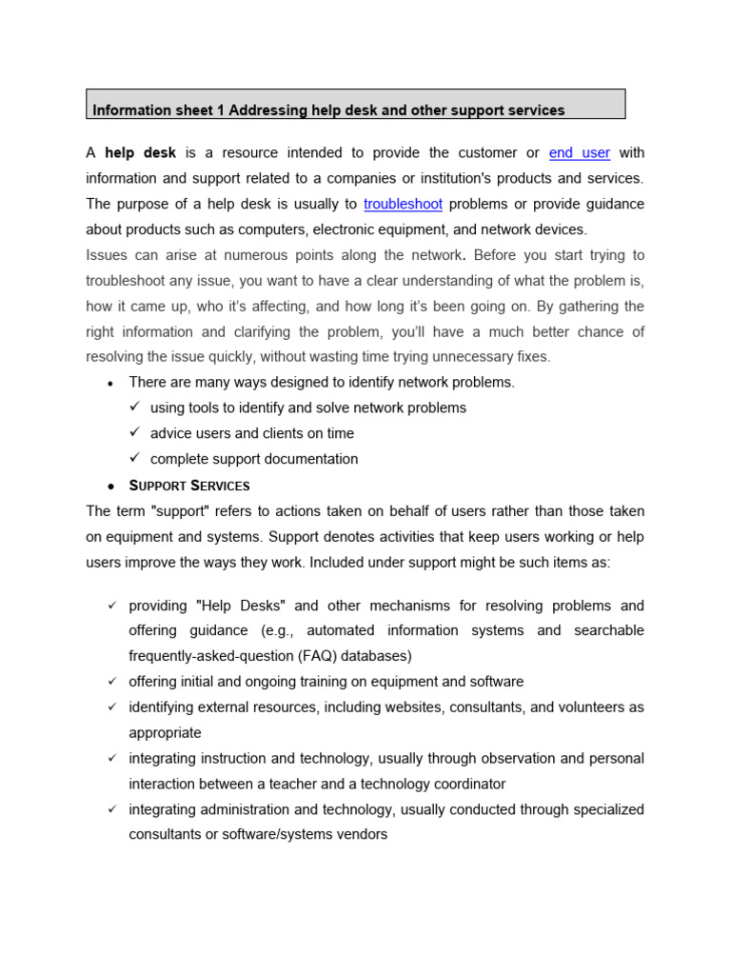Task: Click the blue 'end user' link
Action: (580, 153)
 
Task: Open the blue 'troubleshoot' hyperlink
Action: (403, 204)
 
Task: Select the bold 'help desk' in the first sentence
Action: (140, 153)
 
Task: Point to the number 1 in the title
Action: (220, 110)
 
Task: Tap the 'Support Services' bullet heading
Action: (189, 486)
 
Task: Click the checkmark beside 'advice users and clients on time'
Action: (135, 432)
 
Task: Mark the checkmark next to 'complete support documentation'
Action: (135, 458)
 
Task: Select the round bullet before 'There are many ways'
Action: (111, 384)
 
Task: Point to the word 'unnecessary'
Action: (475, 357)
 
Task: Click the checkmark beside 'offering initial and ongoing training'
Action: (111, 682)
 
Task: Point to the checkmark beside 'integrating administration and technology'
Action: (111, 809)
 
